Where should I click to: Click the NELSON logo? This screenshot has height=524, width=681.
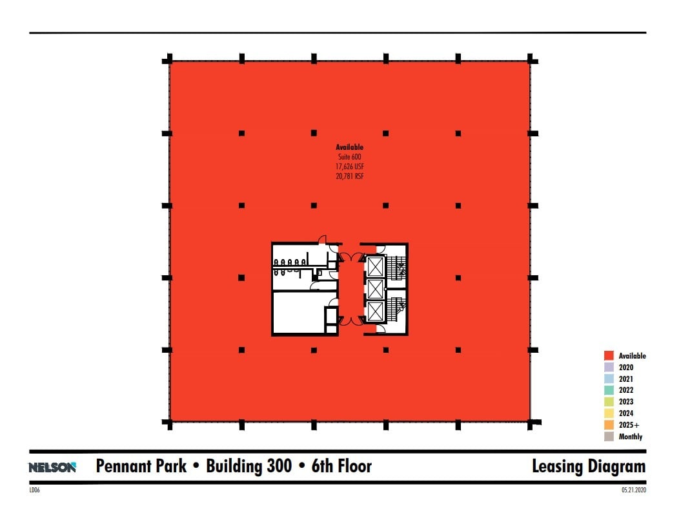coord(52,467)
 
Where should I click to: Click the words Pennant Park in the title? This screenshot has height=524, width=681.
coord(141,466)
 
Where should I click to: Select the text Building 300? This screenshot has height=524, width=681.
coord(249,466)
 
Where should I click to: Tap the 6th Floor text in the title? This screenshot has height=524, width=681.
coord(341,466)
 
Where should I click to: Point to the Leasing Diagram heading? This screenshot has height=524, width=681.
coord(589,466)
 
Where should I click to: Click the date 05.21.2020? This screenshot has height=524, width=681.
coord(634,490)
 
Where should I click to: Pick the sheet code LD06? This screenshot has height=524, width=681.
coord(34,490)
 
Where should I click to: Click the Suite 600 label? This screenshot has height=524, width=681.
coord(350,157)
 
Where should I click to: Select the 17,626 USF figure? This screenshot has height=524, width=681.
coord(350,167)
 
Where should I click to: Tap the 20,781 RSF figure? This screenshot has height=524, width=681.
coord(350,176)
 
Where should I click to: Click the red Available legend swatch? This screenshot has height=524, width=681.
coord(609,356)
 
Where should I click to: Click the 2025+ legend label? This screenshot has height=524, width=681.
coord(629,425)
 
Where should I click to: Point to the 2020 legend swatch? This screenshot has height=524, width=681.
coord(609,368)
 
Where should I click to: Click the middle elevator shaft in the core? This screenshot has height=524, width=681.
coord(375,289)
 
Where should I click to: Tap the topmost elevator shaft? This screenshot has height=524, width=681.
coord(375,267)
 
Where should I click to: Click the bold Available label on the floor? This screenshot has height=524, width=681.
coord(350,147)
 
